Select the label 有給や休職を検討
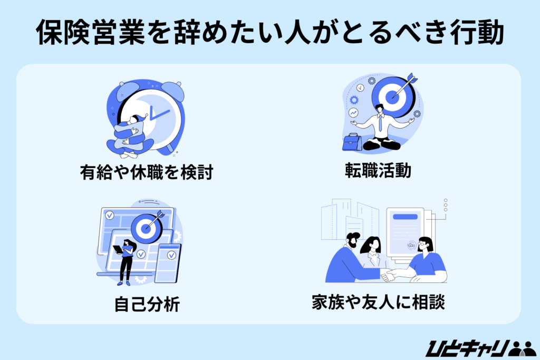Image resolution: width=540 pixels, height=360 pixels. click(x=146, y=172)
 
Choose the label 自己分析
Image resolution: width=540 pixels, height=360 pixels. click(x=147, y=304)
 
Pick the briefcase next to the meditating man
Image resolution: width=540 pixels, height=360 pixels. click(x=352, y=142)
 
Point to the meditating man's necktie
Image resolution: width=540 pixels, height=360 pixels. click(x=381, y=123)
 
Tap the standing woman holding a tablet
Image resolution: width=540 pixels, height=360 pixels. click(x=126, y=261)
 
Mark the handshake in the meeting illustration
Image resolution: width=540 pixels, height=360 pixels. click(x=389, y=275)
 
